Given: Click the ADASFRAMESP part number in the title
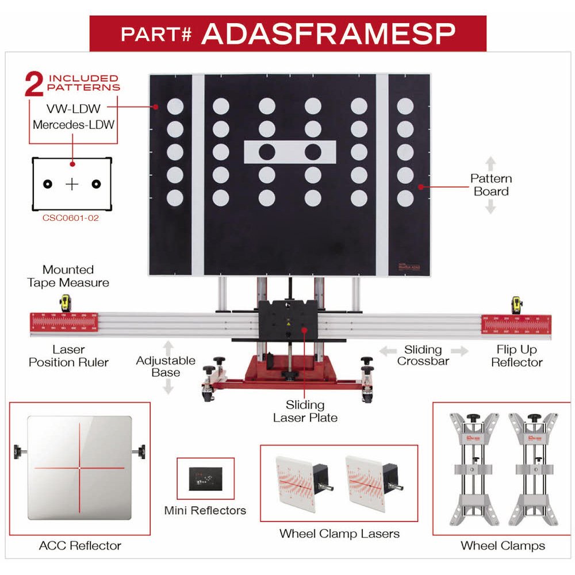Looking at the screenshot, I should coord(328,34).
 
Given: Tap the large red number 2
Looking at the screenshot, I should coord(34,84).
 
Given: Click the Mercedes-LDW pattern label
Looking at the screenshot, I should coord(73,124).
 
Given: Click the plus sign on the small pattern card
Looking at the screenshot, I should coord(72,184).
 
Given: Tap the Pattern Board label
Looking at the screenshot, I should coord(490,185).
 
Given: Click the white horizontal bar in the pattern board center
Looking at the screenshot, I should coord(290,152).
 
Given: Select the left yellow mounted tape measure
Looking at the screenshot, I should coord(66,304).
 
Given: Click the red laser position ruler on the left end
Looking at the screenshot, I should coord(64,323).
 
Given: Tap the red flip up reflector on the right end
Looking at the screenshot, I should coord(516,324).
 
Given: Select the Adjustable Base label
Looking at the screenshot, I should coord(166,366).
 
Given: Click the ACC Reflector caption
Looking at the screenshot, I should coord(80,545).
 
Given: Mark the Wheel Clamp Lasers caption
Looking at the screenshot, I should coord(339,534).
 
